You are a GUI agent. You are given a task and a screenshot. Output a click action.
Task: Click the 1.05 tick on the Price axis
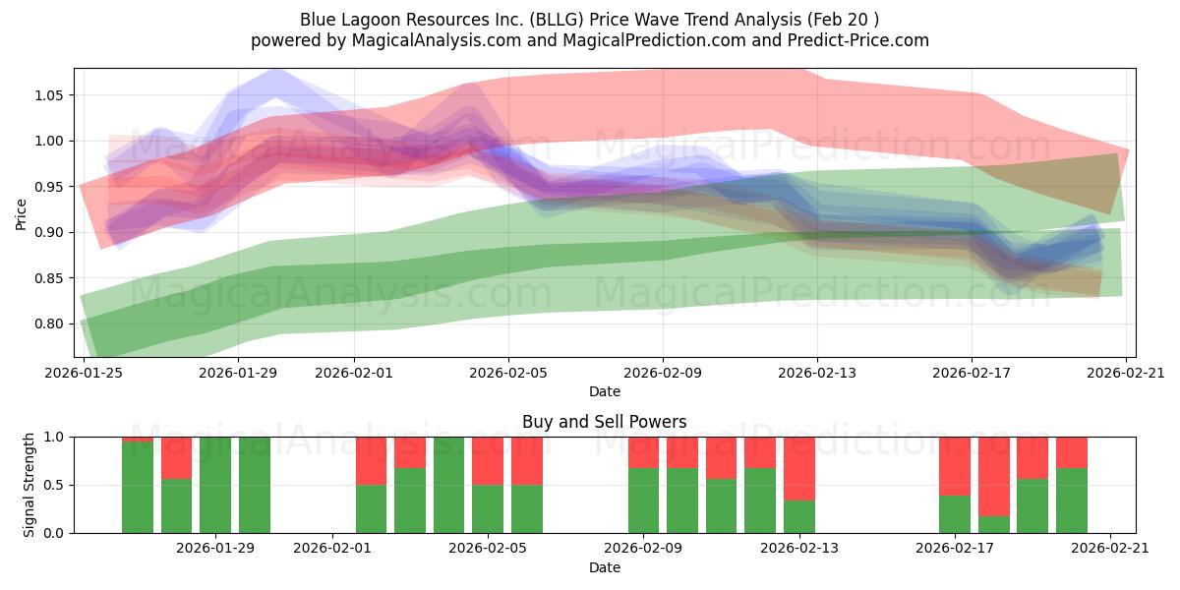[x=49, y=95]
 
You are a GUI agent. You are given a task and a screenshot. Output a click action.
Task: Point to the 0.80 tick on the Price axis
[x=49, y=324]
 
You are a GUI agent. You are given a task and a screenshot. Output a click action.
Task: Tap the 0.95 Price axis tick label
[x=49, y=187]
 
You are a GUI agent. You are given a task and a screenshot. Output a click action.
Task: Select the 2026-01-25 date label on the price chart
[x=84, y=373]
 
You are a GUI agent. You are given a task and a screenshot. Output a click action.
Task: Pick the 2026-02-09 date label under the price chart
[x=663, y=373]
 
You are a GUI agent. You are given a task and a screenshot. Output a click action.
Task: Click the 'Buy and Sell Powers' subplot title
[x=604, y=423]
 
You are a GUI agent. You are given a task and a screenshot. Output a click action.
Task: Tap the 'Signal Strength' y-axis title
[x=29, y=484]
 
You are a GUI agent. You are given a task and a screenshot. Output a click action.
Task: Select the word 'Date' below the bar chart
[x=604, y=567]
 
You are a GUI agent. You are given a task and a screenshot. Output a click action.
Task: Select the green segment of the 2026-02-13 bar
[x=799, y=516]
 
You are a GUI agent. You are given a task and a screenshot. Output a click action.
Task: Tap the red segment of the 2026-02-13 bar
[x=799, y=468]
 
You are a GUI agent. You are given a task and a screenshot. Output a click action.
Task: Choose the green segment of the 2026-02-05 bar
[x=488, y=508]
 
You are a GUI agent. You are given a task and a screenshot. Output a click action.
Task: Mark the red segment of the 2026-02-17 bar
[x=955, y=465]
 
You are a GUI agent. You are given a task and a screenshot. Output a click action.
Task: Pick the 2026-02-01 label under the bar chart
[x=332, y=549]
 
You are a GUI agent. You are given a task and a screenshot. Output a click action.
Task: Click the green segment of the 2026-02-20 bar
[x=1072, y=501]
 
